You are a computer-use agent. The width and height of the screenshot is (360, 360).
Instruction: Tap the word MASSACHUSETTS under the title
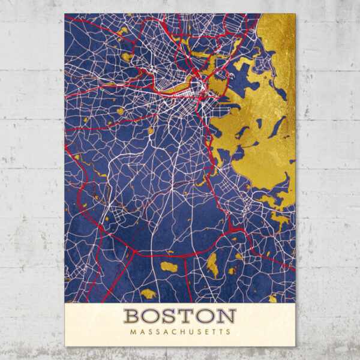point(179,331)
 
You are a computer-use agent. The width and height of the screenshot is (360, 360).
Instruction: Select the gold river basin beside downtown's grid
point(174,88)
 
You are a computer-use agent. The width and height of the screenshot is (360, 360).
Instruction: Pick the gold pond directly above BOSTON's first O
point(148,293)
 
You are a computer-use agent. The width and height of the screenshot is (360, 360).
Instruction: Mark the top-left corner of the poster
point(65,14)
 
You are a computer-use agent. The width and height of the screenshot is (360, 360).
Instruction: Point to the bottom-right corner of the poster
point(295,346)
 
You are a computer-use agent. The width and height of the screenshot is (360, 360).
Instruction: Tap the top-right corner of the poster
point(295,14)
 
